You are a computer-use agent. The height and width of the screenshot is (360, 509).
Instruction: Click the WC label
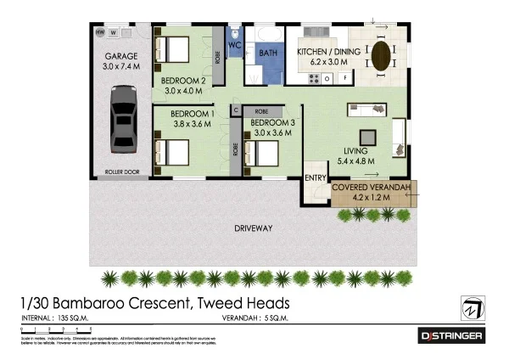[235, 43]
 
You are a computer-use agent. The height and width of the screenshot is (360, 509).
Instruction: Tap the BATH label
[268, 53]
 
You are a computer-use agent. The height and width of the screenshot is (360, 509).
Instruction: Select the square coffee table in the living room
[367, 138]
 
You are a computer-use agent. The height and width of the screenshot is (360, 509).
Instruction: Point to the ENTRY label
[316, 177]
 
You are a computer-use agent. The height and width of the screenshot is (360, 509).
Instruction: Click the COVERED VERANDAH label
[372, 187]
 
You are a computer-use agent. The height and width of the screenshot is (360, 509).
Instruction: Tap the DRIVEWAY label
[253, 228]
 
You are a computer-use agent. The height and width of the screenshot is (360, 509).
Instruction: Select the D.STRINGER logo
[452, 337]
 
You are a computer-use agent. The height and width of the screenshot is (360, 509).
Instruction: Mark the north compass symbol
[473, 307]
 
